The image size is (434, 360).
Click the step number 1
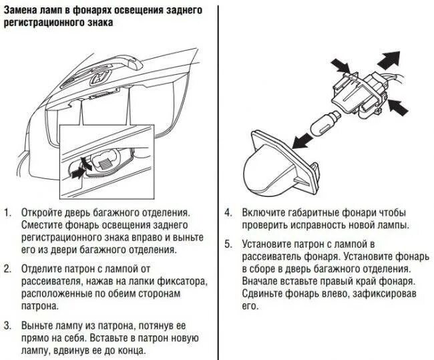[x=7, y=212]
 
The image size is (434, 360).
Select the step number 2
[x=7, y=269]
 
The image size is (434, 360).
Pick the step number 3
[x=7, y=326]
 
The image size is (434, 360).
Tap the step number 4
[x=228, y=212]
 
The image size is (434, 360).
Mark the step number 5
[x=228, y=244]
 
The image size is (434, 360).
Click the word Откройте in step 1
[x=45, y=212]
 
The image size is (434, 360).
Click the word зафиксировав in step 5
[x=375, y=295]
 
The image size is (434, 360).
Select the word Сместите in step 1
[x=43, y=225]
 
